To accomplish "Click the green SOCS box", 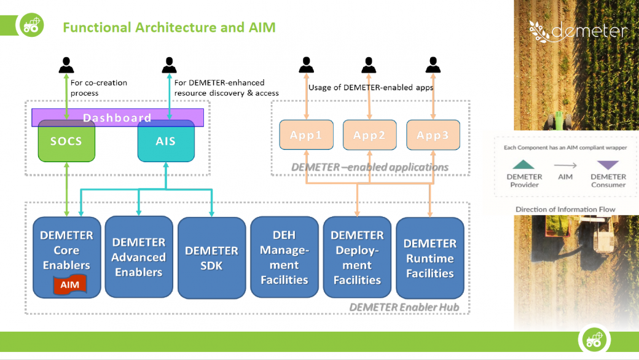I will point(66,141).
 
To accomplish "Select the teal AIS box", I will point(166,141).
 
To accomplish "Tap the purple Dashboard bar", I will point(117,117).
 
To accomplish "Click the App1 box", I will point(306,136).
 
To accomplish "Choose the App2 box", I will point(370,136).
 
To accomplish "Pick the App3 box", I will point(433,136).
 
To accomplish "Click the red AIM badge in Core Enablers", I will point(69,284).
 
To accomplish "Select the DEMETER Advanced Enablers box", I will point(139,257).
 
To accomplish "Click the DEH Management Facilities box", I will point(284,257).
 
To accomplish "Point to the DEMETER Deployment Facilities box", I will point(357,257).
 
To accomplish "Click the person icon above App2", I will point(369,65).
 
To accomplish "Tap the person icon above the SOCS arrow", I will point(66,65).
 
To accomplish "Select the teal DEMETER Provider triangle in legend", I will point(525,164).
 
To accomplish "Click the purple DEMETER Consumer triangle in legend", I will point(608,165).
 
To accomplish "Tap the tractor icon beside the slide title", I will point(31,26).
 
